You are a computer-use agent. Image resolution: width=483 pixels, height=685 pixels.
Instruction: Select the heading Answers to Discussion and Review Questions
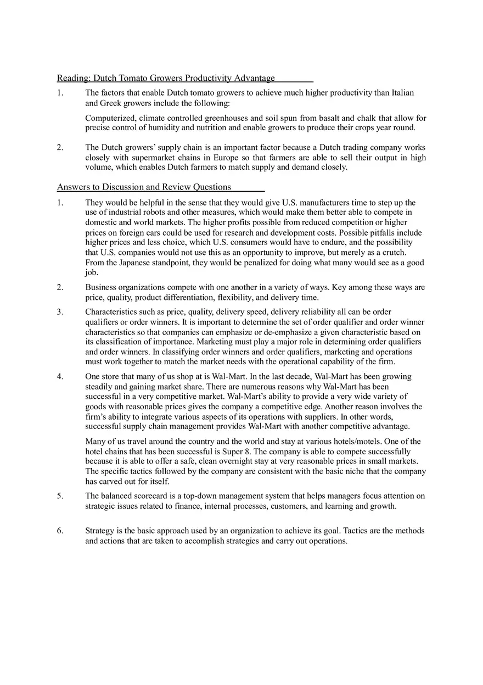click(x=144, y=187)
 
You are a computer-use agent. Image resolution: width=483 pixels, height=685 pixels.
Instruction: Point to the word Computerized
click(x=110, y=118)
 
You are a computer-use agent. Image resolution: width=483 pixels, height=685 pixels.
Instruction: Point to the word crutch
click(x=394, y=252)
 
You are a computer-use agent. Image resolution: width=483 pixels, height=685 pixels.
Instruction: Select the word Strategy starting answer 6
click(x=99, y=531)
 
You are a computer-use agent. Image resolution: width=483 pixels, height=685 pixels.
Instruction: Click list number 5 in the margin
click(x=60, y=496)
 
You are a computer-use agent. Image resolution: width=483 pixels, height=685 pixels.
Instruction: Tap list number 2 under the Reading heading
click(x=60, y=148)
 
